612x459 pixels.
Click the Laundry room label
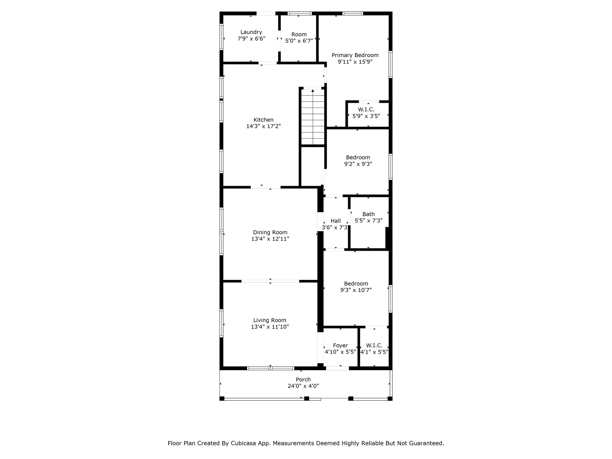pos(251,32)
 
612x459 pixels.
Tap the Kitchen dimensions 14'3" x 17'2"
pos(264,126)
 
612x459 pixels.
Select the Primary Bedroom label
pos(355,55)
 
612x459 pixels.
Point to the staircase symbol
pos(313,117)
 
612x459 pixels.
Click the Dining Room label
pos(270,232)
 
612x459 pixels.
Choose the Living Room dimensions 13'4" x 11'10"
pos(270,327)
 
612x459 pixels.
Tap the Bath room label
pos(368,214)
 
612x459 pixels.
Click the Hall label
pos(336,221)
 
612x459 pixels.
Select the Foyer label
pos(340,345)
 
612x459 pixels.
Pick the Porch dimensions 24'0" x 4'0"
pos(303,386)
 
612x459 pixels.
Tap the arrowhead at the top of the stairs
pos(313,90)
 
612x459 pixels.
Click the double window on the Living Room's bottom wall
pos(270,368)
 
